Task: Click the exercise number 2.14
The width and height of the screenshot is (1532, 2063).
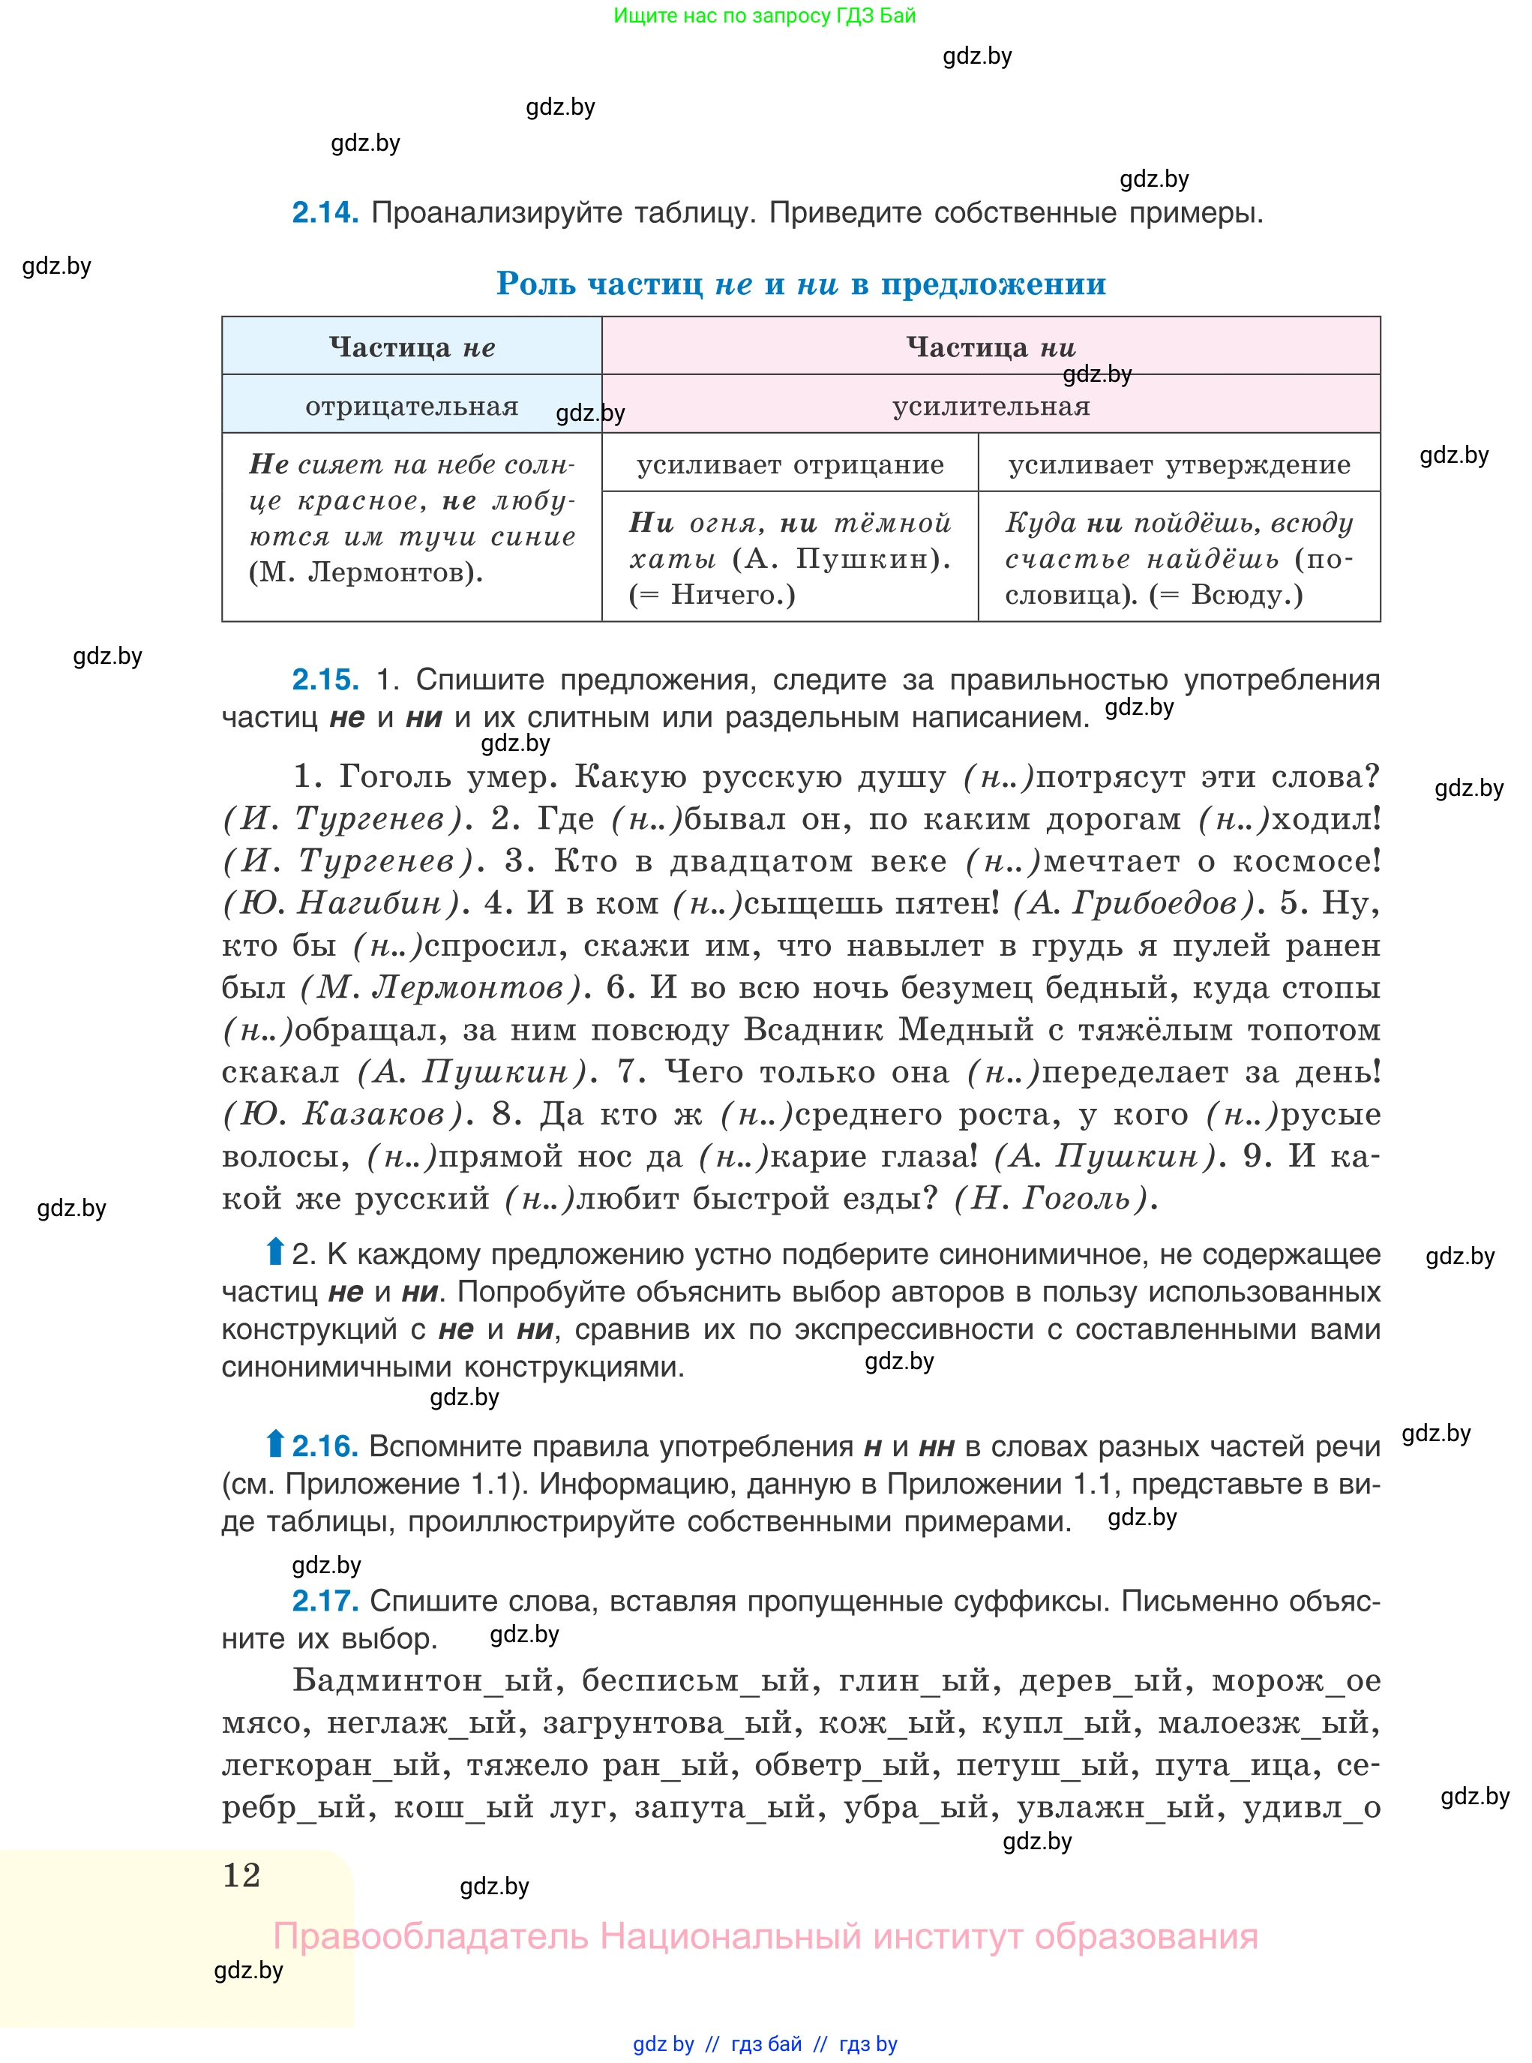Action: (x=325, y=212)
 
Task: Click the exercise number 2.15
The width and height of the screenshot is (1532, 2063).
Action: (x=325, y=679)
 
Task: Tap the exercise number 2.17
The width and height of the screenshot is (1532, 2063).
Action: (x=325, y=1600)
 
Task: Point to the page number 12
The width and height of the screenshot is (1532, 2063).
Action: (x=242, y=1875)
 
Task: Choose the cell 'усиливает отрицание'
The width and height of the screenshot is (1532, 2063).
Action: (x=790, y=464)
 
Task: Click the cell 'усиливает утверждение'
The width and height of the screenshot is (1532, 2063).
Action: (x=1179, y=464)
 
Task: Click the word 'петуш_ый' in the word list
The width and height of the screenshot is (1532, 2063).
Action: (x=1045, y=1764)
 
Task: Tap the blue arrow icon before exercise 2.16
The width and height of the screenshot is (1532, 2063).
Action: (x=274, y=1444)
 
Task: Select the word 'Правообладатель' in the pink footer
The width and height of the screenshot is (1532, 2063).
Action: (x=430, y=1937)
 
